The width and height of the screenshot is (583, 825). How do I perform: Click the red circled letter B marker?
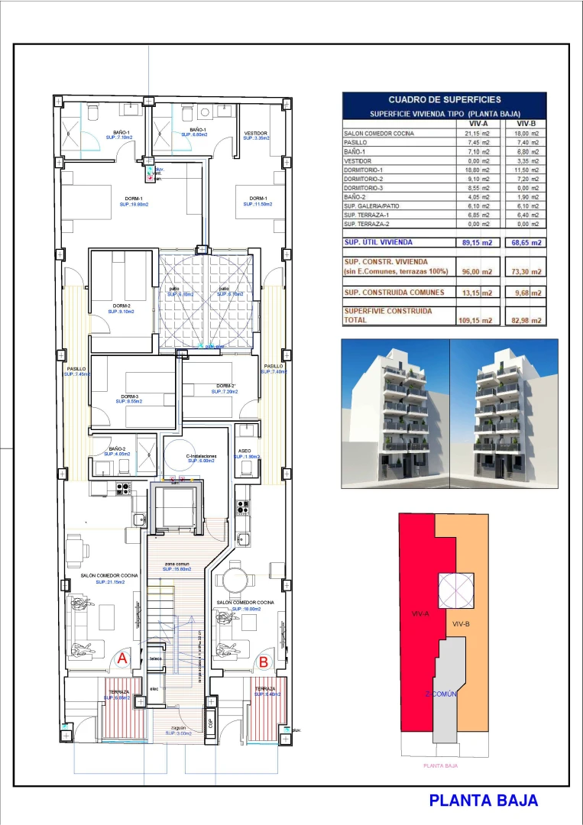click(263, 662)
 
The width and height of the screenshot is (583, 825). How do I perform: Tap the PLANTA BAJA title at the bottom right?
click(483, 800)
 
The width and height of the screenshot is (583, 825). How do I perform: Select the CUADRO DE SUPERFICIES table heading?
click(445, 99)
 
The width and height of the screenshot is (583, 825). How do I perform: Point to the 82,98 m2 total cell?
click(527, 320)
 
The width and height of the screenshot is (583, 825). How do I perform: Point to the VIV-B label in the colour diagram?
click(461, 624)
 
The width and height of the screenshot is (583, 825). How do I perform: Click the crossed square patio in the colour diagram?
click(457, 591)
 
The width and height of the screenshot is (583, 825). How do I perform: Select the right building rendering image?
click(498, 414)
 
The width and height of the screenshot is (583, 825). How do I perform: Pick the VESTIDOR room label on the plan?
click(255, 134)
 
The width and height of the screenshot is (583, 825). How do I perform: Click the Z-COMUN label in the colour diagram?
click(442, 694)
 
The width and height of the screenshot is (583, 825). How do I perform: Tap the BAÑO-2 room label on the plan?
click(117, 449)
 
